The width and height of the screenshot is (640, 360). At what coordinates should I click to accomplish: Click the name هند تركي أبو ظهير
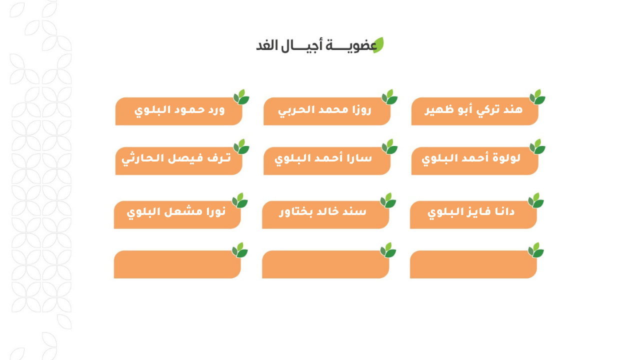pyautogui.click(x=473, y=109)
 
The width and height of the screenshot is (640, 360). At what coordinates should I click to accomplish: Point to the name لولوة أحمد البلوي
pyautogui.click(x=471, y=158)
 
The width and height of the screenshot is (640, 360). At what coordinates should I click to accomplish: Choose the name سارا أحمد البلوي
pyautogui.click(x=323, y=158)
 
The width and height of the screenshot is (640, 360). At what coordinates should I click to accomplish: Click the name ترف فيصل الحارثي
pyautogui.click(x=176, y=158)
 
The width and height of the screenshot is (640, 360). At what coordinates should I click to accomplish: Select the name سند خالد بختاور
pyautogui.click(x=322, y=211)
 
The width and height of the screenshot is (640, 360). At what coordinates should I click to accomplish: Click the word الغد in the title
pyautogui.click(x=267, y=45)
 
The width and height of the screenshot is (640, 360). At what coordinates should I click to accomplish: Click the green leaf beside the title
pyautogui.click(x=378, y=45)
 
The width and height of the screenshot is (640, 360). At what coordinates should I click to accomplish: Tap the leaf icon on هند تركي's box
pyautogui.click(x=537, y=97)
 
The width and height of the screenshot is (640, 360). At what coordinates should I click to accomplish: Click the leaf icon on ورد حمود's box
pyautogui.click(x=241, y=97)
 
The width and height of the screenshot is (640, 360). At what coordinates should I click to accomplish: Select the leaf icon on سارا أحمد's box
pyautogui.click(x=389, y=146)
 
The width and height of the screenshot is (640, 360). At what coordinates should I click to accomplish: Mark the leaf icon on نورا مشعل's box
pyautogui.click(x=239, y=200)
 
